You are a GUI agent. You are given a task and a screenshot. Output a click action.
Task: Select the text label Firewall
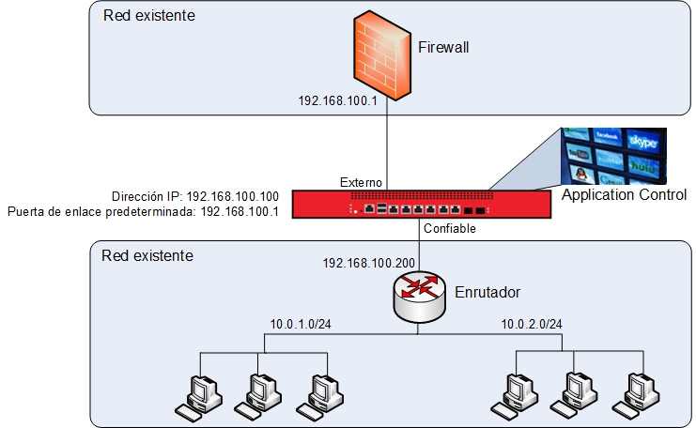pyautogui.click(x=442, y=48)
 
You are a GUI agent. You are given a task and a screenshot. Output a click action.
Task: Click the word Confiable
pyautogui.click(x=451, y=228)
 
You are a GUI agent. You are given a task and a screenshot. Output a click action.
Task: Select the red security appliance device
pyautogui.click(x=419, y=204)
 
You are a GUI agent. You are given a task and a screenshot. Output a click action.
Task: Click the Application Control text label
pyautogui.click(x=624, y=195)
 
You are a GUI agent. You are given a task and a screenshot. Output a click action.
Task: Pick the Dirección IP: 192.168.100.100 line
pyautogui.click(x=195, y=196)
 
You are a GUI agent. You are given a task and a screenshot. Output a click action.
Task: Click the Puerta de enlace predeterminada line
pyautogui.click(x=143, y=212)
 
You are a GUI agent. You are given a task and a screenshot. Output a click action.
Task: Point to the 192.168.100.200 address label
pyautogui.click(x=368, y=262)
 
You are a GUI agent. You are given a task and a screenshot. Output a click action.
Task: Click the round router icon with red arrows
pyautogui.click(x=419, y=296)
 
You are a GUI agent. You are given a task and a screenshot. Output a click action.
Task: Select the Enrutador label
pyautogui.click(x=487, y=293)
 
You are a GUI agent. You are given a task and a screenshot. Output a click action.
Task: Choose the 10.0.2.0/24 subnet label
pyautogui.click(x=532, y=325)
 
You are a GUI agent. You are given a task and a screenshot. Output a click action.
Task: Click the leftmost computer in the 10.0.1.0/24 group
pyautogui.click(x=198, y=395)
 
